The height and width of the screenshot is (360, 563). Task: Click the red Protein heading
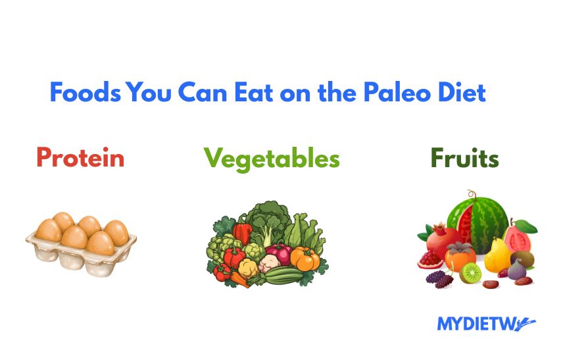coord(80,158)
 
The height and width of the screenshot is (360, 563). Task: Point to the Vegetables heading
coord(272,158)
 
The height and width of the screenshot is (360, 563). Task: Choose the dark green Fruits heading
coord(464,159)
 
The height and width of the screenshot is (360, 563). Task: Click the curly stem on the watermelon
coord(470,194)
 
